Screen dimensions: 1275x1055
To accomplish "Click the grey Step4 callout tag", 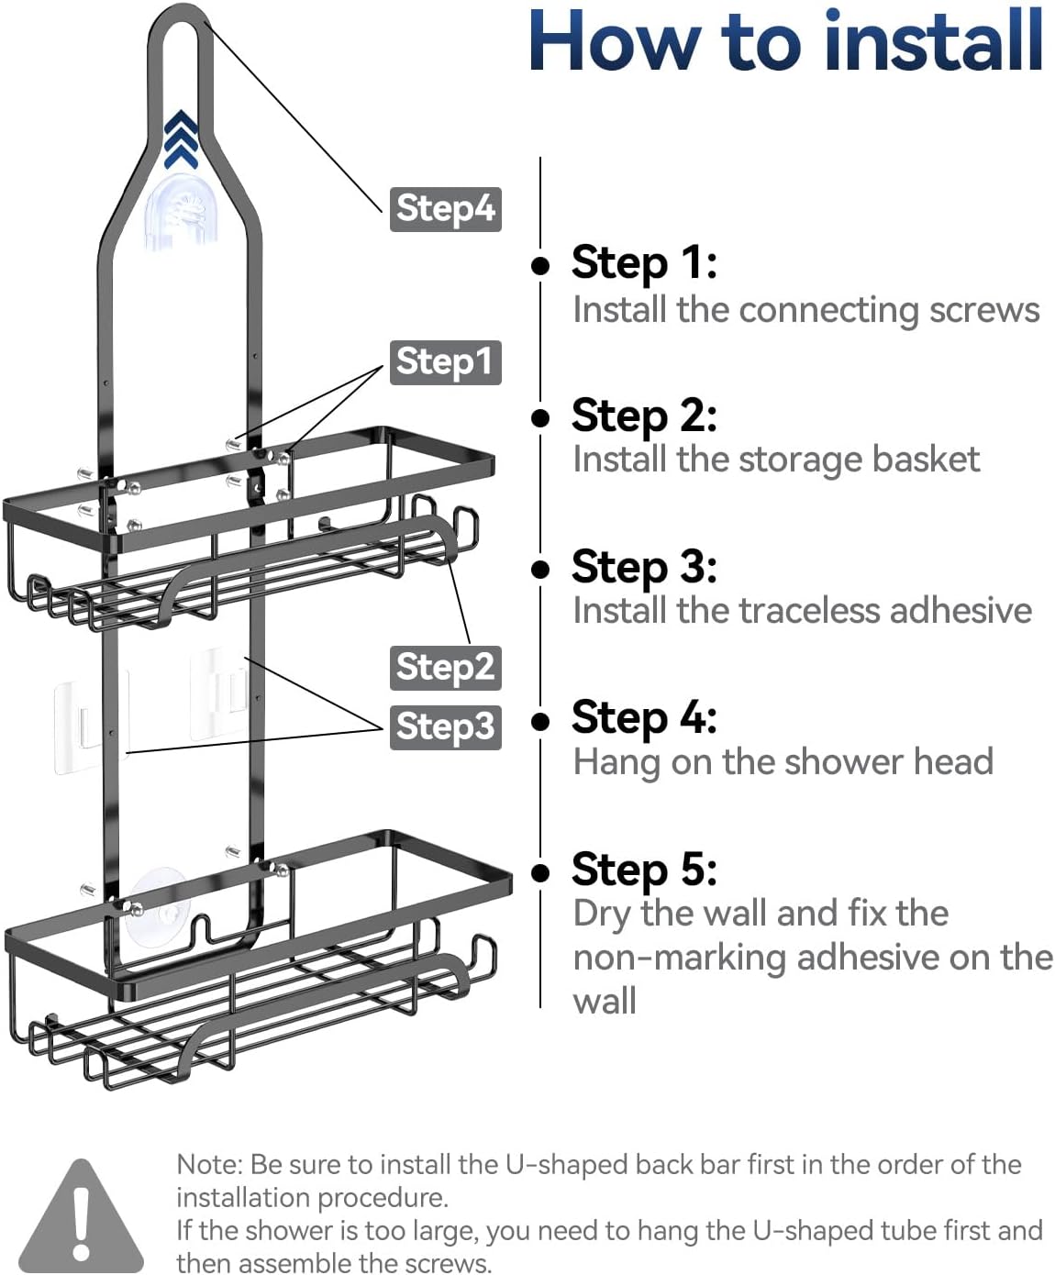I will click(x=445, y=209).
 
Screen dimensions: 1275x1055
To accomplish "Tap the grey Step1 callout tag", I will click(x=445, y=361).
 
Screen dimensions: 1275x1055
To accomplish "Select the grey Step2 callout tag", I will click(x=445, y=667).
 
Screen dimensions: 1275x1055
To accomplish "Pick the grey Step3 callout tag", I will click(x=445, y=726).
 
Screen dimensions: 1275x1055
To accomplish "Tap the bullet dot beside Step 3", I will click(x=540, y=570).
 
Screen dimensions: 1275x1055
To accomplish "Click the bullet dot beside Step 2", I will click(x=540, y=418).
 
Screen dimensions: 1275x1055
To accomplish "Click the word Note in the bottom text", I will click(x=208, y=1164).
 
